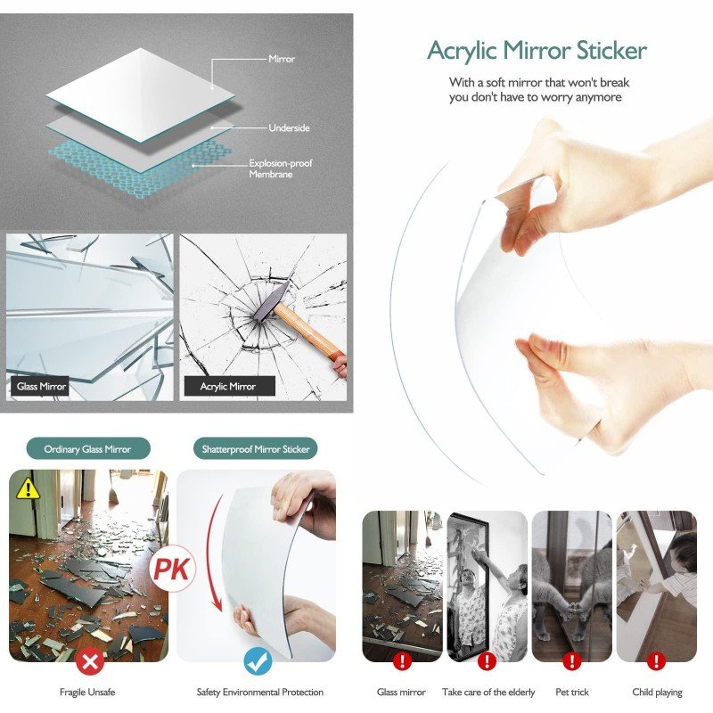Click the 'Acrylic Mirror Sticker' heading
(537, 51)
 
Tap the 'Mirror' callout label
(282, 59)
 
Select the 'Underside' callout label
(289, 127)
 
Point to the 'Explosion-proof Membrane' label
(280, 168)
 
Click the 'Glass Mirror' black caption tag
(41, 387)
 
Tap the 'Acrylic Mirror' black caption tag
(229, 387)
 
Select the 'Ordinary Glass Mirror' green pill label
(87, 449)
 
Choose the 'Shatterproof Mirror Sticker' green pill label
(256, 449)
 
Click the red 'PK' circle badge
(172, 568)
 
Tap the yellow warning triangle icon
(29, 488)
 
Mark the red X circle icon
(90, 661)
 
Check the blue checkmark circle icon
(258, 661)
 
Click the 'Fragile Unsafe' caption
(87, 693)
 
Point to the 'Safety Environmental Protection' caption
(259, 693)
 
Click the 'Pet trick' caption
(572, 693)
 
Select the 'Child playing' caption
(657, 693)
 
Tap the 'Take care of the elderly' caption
(488, 693)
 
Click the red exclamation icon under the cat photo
(572, 660)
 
